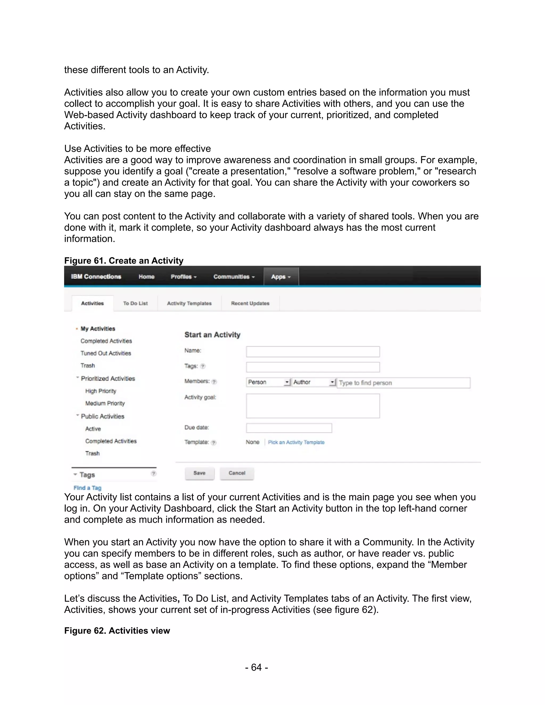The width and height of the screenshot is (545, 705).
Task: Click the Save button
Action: pyautogui.click(x=199, y=473)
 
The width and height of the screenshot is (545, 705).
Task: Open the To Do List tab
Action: pyautogui.click(x=135, y=304)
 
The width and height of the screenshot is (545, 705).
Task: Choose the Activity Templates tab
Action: pyautogui.click(x=189, y=304)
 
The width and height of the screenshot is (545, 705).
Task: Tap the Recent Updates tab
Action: pyautogui.click(x=250, y=304)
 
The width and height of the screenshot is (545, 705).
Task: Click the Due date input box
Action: pyautogui.click(x=289, y=428)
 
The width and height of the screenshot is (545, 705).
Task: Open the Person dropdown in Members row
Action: pyautogui.click(x=268, y=382)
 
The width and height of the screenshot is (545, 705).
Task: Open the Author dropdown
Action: pyautogui.click(x=314, y=382)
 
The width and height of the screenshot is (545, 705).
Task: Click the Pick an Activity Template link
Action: pyautogui.click(x=296, y=442)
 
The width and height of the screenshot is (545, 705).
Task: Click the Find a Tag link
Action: pyautogui.click(x=87, y=488)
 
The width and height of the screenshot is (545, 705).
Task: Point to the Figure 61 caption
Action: pyautogui.click(x=124, y=260)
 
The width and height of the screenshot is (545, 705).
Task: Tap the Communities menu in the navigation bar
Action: pyautogui.click(x=234, y=277)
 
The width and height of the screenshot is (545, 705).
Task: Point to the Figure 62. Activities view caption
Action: pyautogui.click(x=117, y=631)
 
